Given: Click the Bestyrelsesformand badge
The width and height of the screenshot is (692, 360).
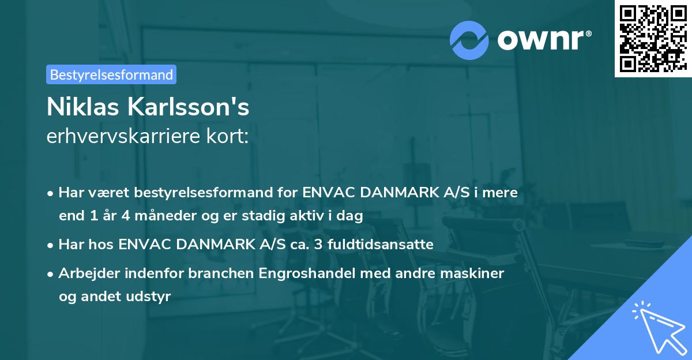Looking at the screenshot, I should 111,74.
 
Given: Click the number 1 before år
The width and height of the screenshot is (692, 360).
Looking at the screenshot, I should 94,216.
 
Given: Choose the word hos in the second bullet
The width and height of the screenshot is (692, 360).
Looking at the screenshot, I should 101,245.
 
